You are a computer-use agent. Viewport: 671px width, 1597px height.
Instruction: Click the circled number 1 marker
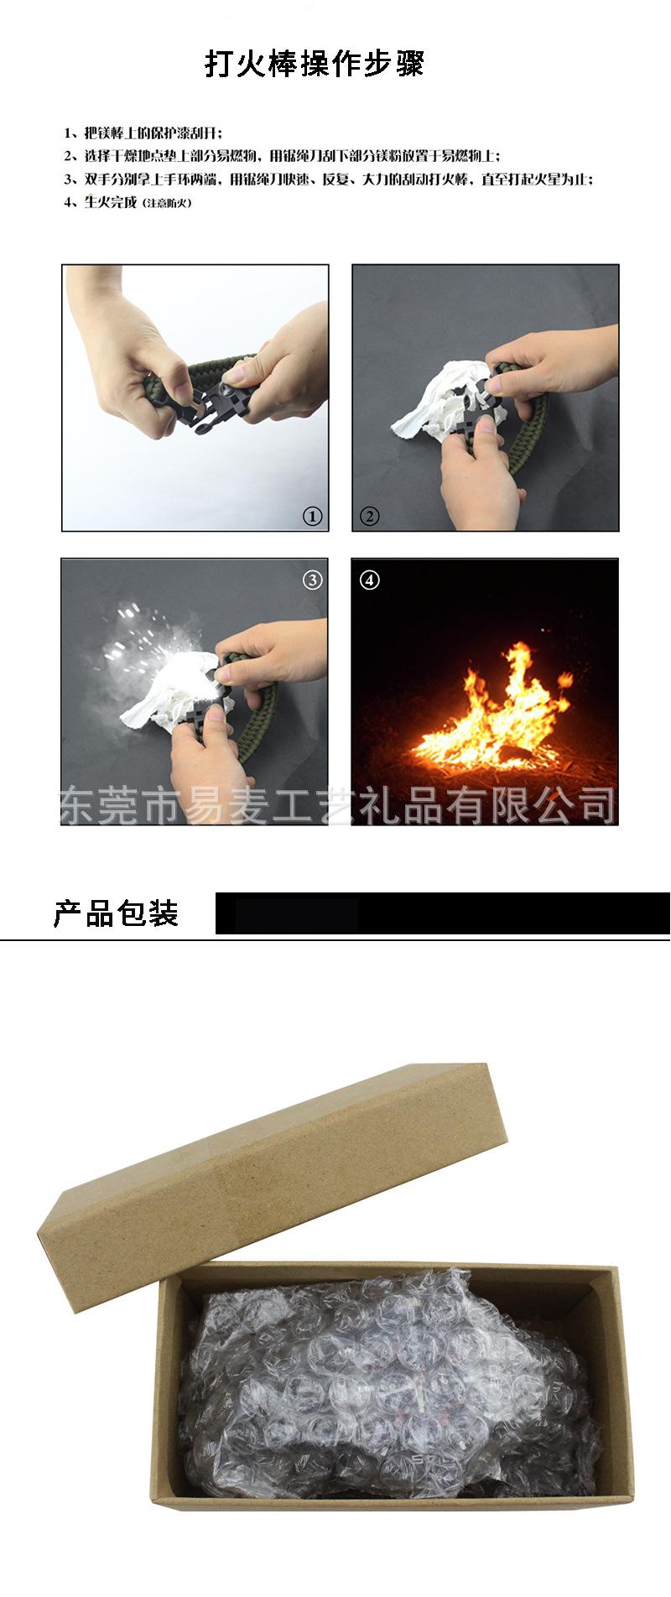(312, 516)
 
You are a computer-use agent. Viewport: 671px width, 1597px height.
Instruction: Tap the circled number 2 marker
(369, 516)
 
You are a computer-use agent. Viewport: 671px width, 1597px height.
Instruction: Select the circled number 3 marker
(312, 580)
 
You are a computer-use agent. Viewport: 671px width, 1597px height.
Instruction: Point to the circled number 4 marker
(369, 580)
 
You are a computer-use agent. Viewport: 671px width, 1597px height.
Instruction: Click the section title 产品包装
(116, 913)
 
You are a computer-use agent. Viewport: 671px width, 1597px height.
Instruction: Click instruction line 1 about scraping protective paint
(143, 133)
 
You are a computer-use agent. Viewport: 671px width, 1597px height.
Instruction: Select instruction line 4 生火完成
(110, 202)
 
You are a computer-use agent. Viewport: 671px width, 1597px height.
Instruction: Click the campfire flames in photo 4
(495, 713)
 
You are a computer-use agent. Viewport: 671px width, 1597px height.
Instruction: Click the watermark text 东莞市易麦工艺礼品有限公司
(335, 805)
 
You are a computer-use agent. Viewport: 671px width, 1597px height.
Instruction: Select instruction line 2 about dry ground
(282, 156)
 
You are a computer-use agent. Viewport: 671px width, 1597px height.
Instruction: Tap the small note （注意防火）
(168, 203)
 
